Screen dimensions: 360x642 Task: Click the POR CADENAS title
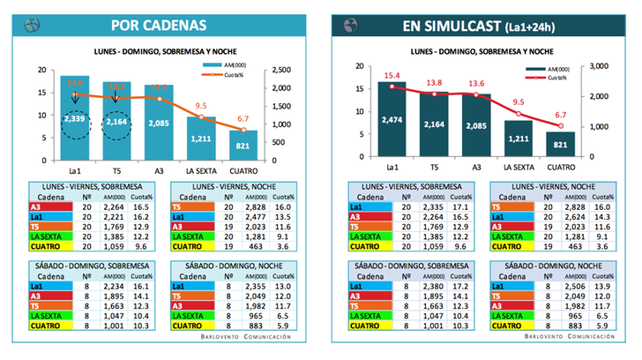[x=174, y=24]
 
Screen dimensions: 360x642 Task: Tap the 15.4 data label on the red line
[x=392, y=76]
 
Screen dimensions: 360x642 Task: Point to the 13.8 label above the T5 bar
[x=435, y=82]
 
